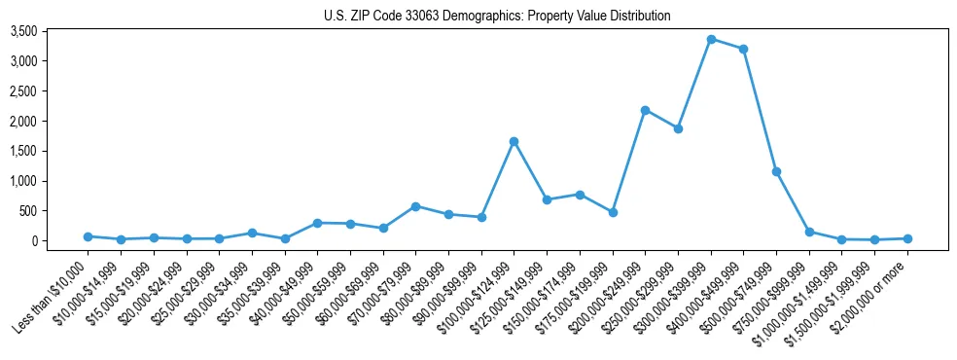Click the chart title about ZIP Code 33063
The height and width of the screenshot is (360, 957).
[497, 16]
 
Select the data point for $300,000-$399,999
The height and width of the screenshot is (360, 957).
[711, 40]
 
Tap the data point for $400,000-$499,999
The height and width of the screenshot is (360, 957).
[744, 49]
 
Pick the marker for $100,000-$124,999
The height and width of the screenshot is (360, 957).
[514, 142]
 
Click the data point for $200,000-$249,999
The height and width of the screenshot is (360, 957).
[645, 110]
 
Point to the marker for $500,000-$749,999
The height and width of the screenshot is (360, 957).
[776, 171]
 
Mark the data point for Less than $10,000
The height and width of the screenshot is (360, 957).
[88, 236]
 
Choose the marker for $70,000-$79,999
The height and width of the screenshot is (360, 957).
[415, 206]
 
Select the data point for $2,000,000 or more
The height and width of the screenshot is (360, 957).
[907, 238]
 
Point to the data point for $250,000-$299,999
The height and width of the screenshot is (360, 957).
[678, 128]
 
